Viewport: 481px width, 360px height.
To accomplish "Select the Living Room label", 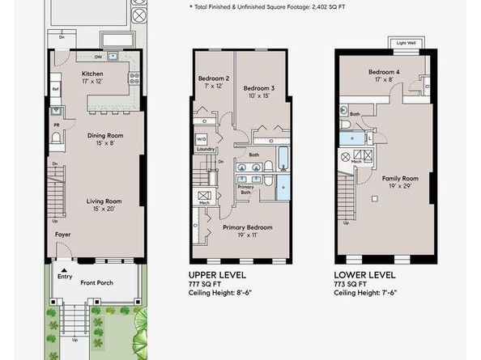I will [104, 201].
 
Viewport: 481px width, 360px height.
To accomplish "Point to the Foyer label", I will [63, 235].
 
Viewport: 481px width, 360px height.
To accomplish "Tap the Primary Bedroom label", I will [248, 227].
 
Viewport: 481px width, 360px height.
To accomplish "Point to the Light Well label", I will [407, 42].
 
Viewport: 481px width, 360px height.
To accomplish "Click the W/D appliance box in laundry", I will [201, 139].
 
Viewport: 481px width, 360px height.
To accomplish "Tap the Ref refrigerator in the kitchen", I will [56, 88].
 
